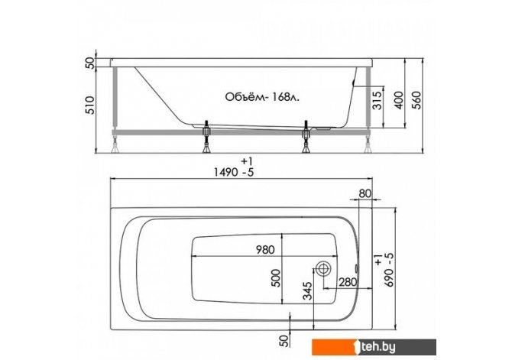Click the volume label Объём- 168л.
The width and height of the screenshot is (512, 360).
[x=262, y=97]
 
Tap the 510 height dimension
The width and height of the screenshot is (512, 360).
[x=90, y=105]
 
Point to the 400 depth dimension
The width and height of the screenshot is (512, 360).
[x=399, y=100]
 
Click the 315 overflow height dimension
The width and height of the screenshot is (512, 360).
[x=377, y=100]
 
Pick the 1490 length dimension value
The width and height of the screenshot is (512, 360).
[x=225, y=172]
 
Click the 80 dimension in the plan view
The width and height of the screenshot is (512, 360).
[x=365, y=193]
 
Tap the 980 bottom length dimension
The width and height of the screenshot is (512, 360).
[x=265, y=250]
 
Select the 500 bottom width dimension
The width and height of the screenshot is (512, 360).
[x=276, y=278]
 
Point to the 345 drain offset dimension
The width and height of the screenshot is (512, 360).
[x=307, y=290]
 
